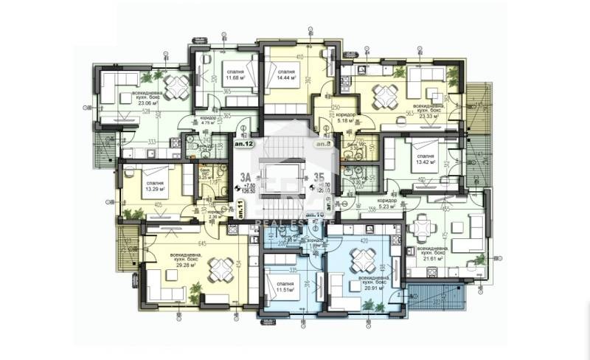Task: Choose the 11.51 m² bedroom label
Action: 282,288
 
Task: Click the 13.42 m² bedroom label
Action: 425,161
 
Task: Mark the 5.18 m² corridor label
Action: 346,118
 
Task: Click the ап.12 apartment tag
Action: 245,145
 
